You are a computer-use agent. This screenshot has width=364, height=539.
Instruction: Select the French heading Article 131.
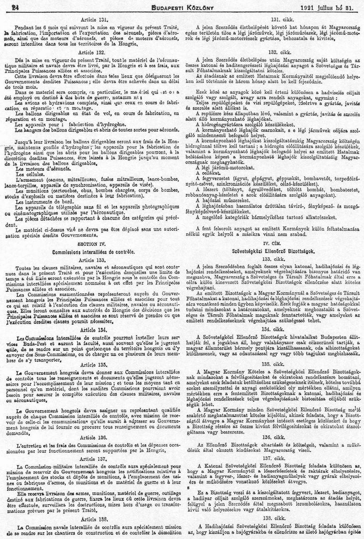click(93, 20)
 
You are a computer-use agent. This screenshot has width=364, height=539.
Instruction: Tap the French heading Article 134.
click(93, 330)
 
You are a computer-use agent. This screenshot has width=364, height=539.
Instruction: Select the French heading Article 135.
click(93, 365)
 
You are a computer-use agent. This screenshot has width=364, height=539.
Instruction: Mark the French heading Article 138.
click(93, 518)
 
